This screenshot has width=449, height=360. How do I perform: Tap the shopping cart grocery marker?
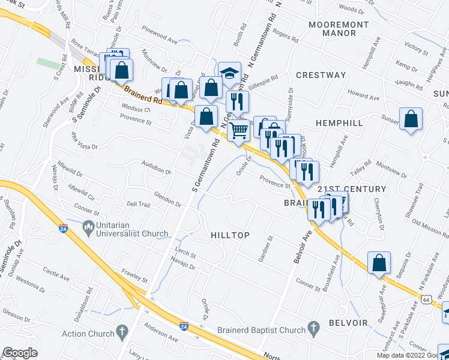coord(240,130)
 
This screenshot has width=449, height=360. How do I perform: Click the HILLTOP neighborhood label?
coord(230,235)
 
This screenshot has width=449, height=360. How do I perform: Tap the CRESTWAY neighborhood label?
coord(321,75)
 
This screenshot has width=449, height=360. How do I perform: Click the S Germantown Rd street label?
coord(203,173)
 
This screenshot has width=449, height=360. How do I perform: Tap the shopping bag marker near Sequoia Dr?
coord(379,262)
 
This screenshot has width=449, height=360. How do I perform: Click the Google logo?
coord(20,353)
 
